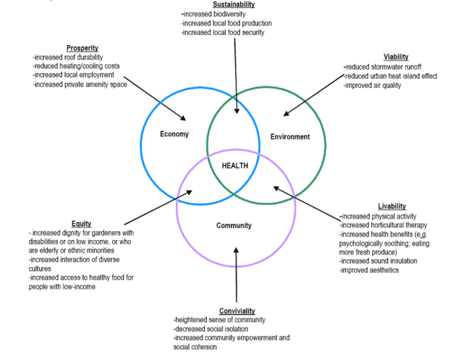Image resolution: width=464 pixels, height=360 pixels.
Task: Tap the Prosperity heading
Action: [x=82, y=48]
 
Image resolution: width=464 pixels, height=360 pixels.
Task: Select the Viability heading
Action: [x=396, y=57]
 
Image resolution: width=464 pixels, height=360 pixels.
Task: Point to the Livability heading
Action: [x=392, y=206]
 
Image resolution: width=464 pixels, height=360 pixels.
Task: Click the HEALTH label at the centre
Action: [x=235, y=166]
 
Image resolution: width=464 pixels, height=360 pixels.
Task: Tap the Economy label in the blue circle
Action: [x=174, y=134]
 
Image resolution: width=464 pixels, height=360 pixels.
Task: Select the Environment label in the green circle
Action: [x=290, y=137]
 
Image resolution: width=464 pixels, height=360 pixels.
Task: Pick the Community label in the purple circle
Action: [x=234, y=226]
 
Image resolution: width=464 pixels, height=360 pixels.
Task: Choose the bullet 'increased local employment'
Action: [x=74, y=75]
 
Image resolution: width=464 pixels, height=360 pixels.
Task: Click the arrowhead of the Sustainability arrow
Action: [x=236, y=111]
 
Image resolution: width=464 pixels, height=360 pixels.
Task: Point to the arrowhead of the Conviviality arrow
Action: [x=236, y=250]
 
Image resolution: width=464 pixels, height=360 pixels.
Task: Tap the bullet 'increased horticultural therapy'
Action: [x=383, y=225]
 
